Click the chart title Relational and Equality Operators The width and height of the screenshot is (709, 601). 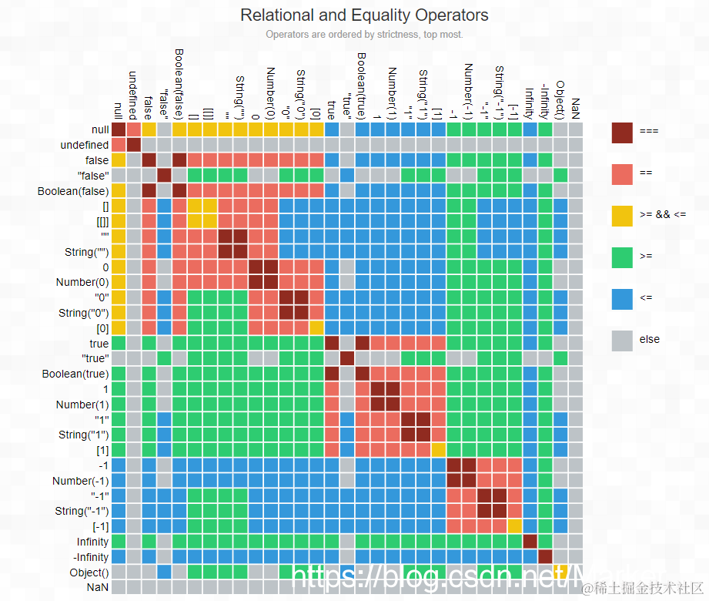tap(364, 15)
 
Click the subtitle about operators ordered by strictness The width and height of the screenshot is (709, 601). tap(364, 34)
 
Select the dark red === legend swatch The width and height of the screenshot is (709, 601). tap(621, 132)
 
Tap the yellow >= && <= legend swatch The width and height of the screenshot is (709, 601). tap(621, 215)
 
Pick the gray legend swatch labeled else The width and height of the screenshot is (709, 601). tap(621, 340)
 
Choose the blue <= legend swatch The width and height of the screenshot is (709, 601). tap(621, 298)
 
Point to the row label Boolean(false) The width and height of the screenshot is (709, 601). tap(73, 191)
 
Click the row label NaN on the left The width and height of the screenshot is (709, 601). tap(99, 587)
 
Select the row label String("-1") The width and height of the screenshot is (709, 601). tap(79, 511)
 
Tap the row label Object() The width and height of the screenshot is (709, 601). tap(89, 572)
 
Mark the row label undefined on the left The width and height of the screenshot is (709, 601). tap(84, 145)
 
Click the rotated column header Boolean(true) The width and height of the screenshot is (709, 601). tap(362, 85)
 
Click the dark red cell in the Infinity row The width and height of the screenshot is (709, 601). tap(530, 542)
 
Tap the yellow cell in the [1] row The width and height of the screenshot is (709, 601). tap(438, 450)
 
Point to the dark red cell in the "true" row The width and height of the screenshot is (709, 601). tap(347, 358)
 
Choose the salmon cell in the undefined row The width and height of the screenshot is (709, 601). tap(119, 145)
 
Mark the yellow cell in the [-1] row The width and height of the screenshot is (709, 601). tap(514, 526)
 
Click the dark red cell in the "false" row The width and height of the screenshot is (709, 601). tap(164, 176)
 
